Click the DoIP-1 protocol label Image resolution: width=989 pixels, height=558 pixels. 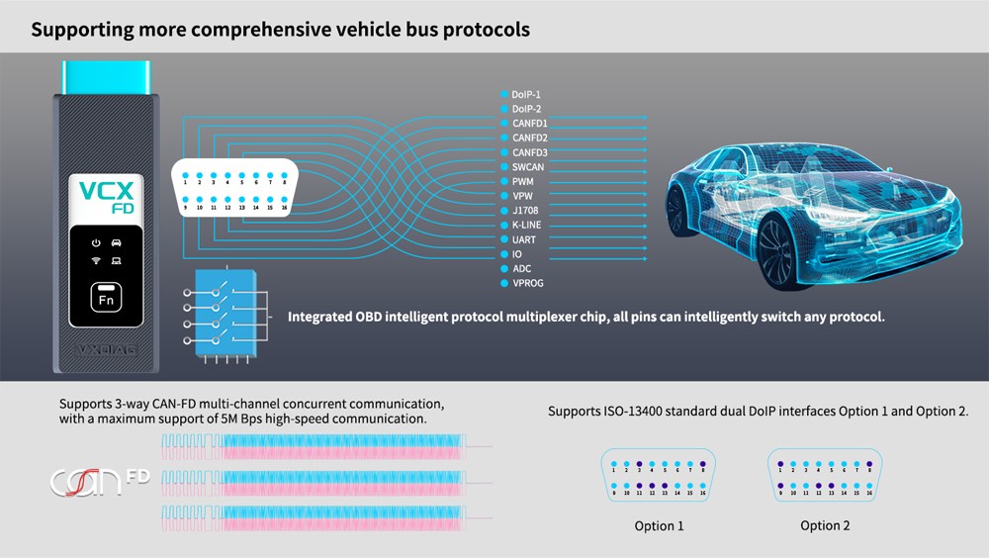pyautogui.click(x=526, y=95)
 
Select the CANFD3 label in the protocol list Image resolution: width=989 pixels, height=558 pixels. pyautogui.click(x=530, y=152)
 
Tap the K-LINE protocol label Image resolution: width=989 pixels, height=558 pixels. pyautogui.click(x=527, y=225)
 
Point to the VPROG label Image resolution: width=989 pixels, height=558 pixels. pyautogui.click(x=528, y=283)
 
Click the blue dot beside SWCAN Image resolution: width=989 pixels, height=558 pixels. pyautogui.click(x=504, y=167)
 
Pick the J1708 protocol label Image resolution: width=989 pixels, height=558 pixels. pyautogui.click(x=525, y=210)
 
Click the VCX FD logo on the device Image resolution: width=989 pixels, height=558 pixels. pyautogui.click(x=107, y=196)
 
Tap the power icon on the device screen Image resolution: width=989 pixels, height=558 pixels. pyautogui.click(x=96, y=243)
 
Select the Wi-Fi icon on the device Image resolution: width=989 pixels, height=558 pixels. pyautogui.click(x=96, y=260)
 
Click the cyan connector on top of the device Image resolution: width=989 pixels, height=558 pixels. pyautogui.click(x=106, y=77)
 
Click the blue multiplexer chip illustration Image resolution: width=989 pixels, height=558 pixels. pyautogui.click(x=225, y=313)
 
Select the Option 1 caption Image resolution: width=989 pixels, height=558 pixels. pyautogui.click(x=659, y=525)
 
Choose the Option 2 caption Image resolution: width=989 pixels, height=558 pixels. pyautogui.click(x=825, y=525)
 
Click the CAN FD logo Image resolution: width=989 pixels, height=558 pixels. pyautogui.click(x=100, y=482)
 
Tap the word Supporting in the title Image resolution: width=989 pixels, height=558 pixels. pyautogui.click(x=82, y=31)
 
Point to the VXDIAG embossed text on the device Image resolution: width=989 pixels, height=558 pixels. pyautogui.click(x=106, y=350)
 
